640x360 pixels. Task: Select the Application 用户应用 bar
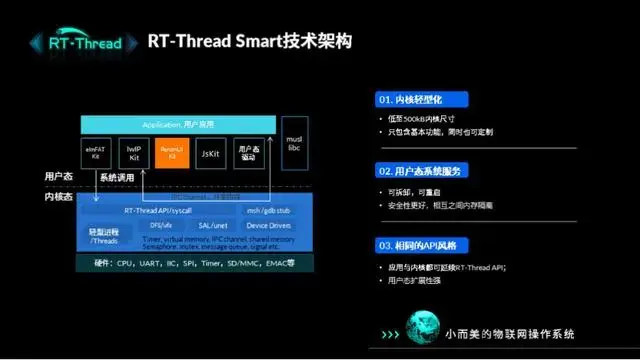(x=175, y=124)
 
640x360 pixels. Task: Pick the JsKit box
(x=210, y=153)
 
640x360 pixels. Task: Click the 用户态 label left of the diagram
(x=58, y=176)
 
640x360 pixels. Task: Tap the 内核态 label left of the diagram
(x=58, y=197)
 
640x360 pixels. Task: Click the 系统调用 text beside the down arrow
(x=116, y=178)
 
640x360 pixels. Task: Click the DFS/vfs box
(x=161, y=225)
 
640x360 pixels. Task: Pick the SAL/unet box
(x=214, y=225)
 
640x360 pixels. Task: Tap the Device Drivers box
(x=268, y=225)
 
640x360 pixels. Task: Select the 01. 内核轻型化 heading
(x=409, y=101)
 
